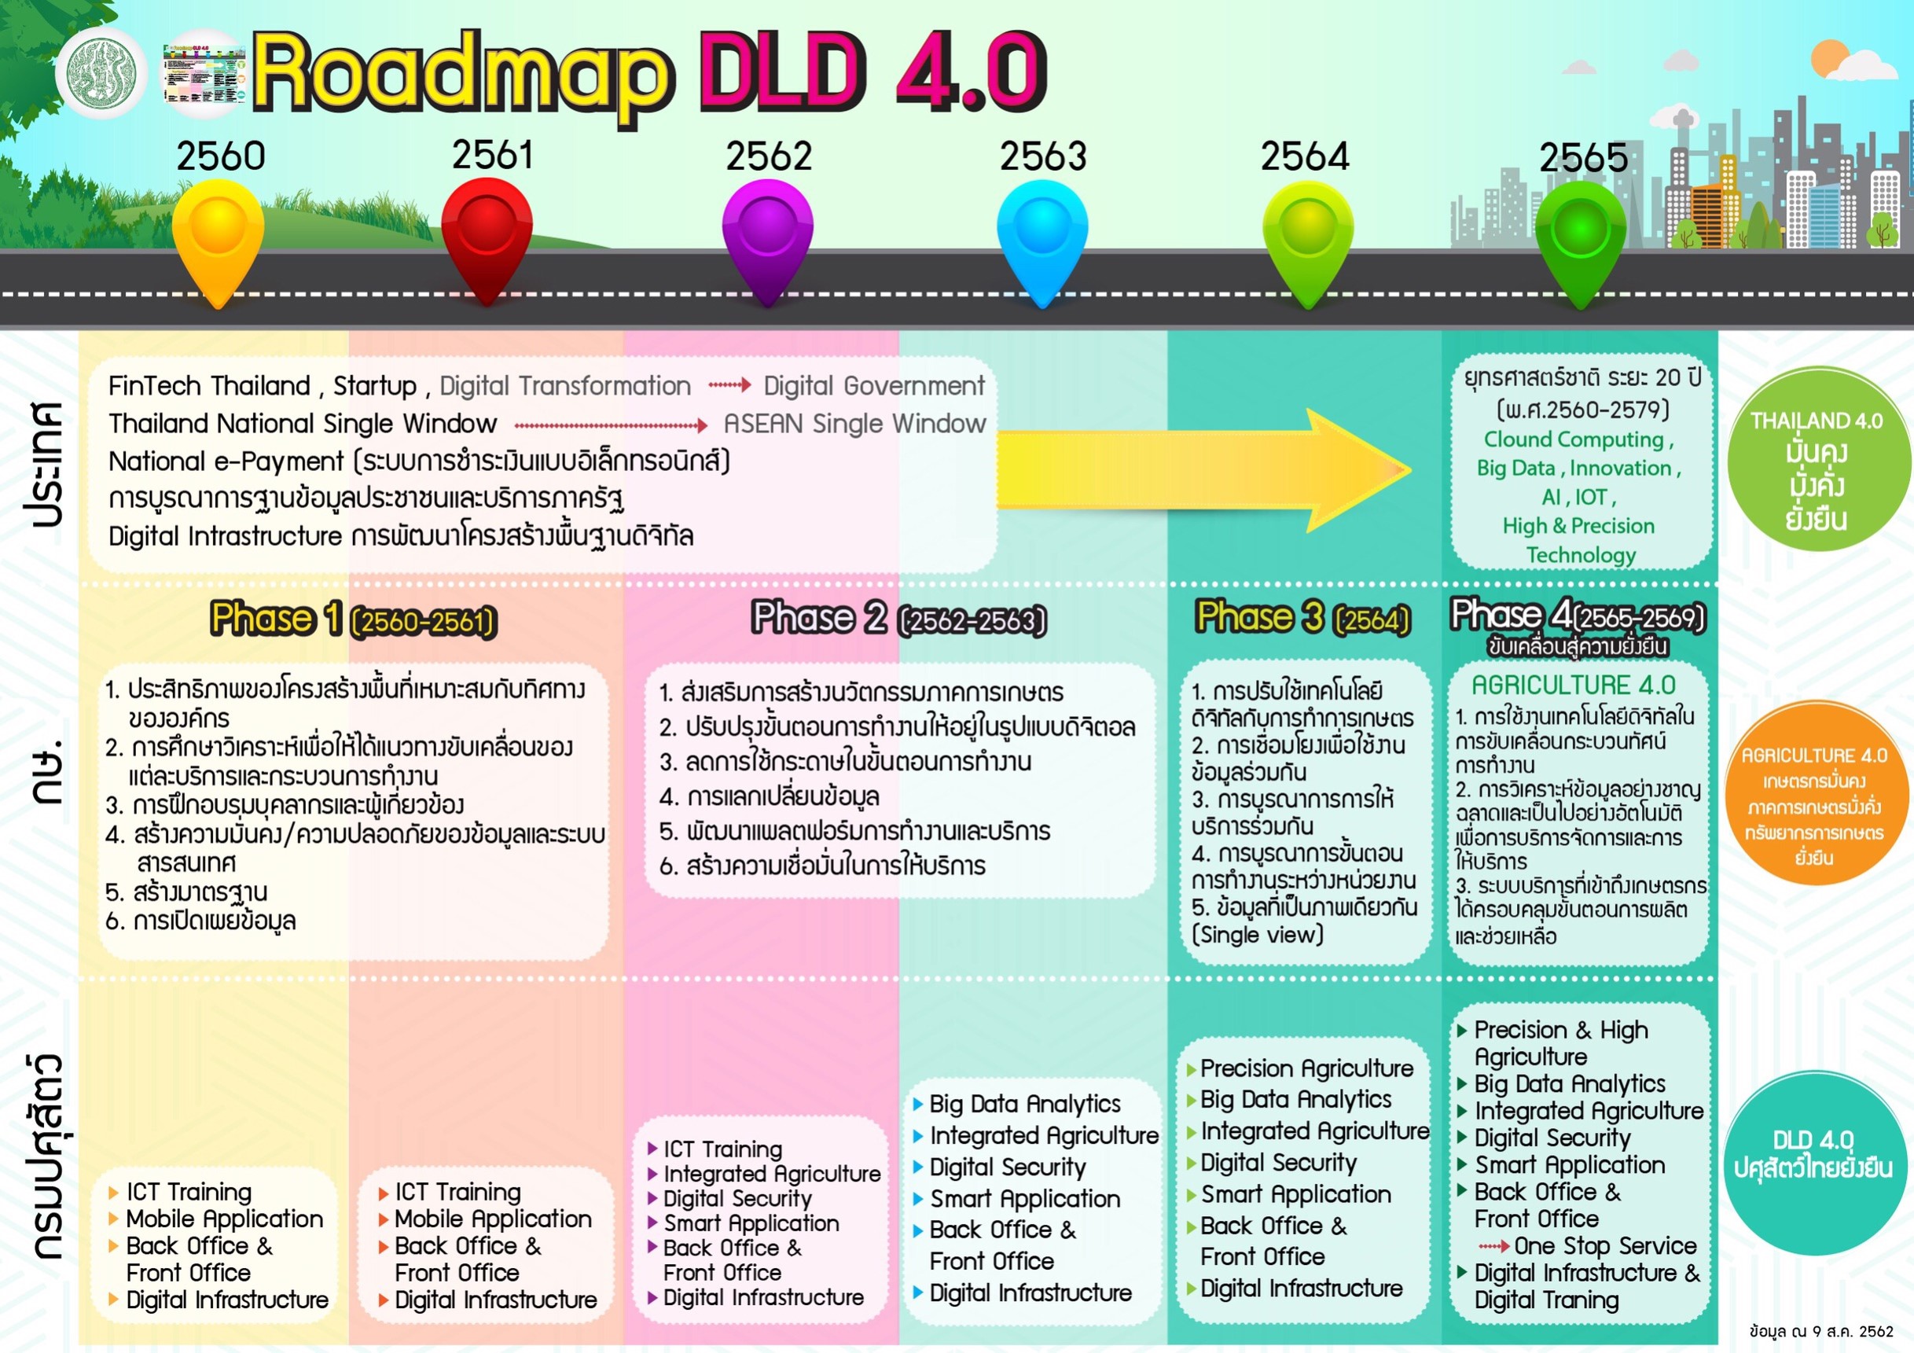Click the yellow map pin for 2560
218,237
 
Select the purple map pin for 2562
767,237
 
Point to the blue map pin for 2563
1042,237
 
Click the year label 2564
1304,156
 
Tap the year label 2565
1582,157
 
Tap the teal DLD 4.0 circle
1813,1156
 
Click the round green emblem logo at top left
101,72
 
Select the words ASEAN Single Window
854,425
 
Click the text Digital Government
873,386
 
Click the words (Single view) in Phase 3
1258,935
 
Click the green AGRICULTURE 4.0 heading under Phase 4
1573,686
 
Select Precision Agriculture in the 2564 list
1306,1068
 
